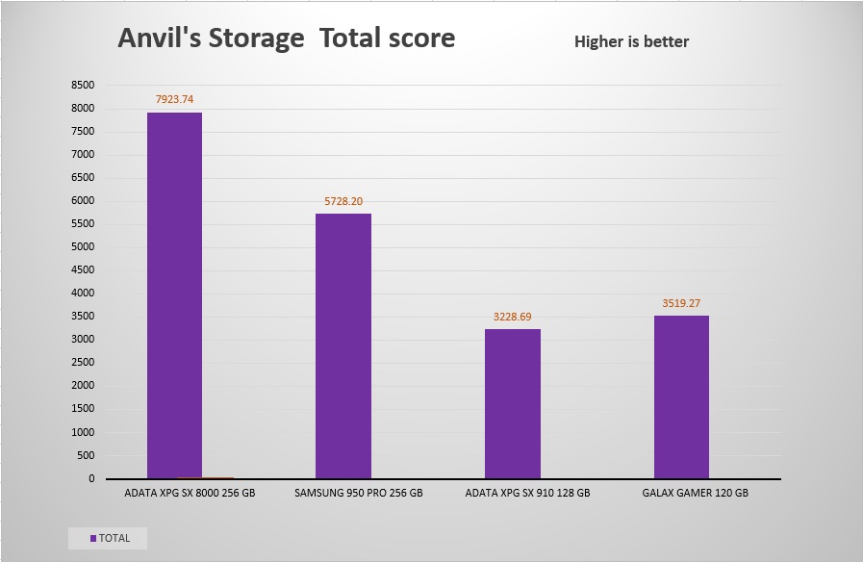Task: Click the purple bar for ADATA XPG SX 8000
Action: tap(174, 294)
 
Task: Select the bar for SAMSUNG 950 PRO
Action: tap(343, 345)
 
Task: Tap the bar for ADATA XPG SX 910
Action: tap(512, 403)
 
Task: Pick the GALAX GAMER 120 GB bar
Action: tap(681, 396)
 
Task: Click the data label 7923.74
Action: tap(174, 99)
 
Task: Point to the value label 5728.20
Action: tap(343, 200)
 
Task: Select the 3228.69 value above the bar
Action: tap(512, 316)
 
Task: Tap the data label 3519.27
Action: tap(681, 303)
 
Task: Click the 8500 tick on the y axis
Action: tap(83, 85)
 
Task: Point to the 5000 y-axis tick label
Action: tap(83, 246)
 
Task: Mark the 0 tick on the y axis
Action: tap(91, 478)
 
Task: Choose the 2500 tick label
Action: tap(83, 362)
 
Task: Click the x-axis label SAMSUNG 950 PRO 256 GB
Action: tap(358, 493)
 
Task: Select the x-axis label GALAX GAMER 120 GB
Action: tap(695, 493)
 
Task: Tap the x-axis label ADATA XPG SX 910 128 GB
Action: tap(526, 493)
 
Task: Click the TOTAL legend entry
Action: tap(114, 538)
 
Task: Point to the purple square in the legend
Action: tap(93, 538)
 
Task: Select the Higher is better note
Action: tap(631, 41)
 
